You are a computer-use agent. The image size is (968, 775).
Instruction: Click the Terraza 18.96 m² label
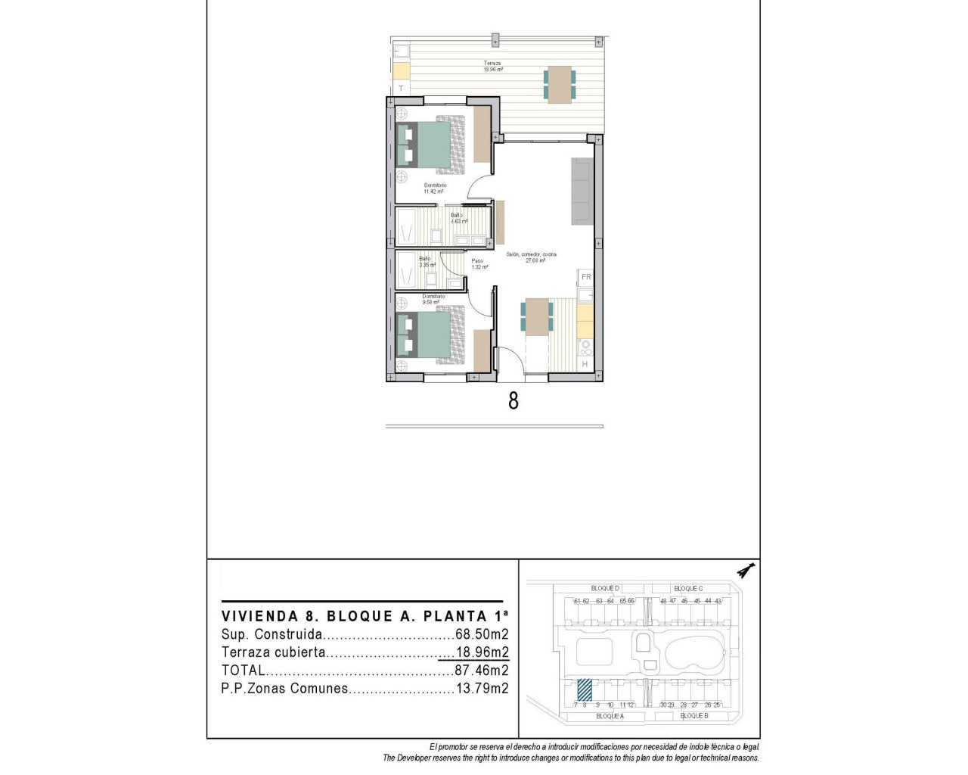[x=493, y=67]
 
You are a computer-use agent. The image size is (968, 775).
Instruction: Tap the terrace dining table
[x=560, y=85]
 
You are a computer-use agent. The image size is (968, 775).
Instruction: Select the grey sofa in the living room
[x=582, y=191]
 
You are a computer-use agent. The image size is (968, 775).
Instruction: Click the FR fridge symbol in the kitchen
[x=586, y=277]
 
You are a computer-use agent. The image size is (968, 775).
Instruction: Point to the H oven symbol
[x=585, y=364]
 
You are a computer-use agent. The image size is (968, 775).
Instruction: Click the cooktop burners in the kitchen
[x=585, y=347]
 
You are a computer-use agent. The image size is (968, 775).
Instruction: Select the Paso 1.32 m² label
[x=479, y=264]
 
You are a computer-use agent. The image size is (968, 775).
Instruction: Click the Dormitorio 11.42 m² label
[x=435, y=188]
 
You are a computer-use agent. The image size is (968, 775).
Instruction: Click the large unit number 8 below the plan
[x=513, y=400]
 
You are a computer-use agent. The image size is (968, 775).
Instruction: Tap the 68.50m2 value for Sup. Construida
[x=482, y=635]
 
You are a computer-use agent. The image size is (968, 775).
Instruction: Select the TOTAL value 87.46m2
[x=482, y=671]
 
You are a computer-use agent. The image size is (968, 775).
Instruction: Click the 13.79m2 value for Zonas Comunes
[x=482, y=689]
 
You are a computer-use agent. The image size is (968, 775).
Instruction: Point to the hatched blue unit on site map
[x=585, y=689]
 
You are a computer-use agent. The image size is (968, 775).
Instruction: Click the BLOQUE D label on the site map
[x=605, y=588]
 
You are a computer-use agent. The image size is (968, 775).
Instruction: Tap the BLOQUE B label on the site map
[x=693, y=716]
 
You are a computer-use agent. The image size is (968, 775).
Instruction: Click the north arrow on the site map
[x=747, y=571]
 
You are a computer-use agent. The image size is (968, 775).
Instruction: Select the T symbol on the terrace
[x=401, y=89]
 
